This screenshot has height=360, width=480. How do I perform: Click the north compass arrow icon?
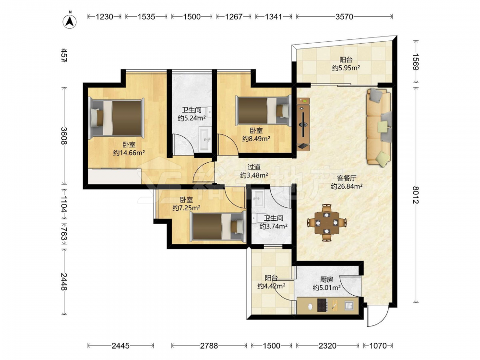click(x=70, y=21)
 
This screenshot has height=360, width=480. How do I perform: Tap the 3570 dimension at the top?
click(x=344, y=16)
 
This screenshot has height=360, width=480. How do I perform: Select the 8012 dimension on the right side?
click(x=415, y=195)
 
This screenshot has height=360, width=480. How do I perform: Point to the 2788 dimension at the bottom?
click(x=209, y=346)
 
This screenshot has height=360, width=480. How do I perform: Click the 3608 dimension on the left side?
click(x=64, y=136)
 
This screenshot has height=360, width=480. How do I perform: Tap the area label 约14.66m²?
click(x=129, y=153)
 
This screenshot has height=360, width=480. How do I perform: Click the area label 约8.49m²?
click(x=256, y=139)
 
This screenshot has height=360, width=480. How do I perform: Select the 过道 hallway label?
click(x=254, y=167)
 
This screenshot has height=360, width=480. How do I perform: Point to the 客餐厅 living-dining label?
click(x=347, y=178)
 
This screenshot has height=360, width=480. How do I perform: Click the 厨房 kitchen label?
click(x=326, y=279)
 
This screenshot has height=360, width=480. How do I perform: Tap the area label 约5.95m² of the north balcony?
click(x=346, y=68)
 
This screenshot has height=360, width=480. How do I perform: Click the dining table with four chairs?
click(x=327, y=223)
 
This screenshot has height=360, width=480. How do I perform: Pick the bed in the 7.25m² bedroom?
click(x=217, y=227)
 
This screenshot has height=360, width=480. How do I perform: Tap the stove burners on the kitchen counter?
click(x=322, y=305)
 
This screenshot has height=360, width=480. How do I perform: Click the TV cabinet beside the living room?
click(x=303, y=124)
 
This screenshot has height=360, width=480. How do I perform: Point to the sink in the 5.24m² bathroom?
click(x=205, y=140)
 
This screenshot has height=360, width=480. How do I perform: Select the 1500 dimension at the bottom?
click(x=272, y=346)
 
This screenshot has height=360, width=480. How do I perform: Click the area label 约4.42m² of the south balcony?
click(x=271, y=286)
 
